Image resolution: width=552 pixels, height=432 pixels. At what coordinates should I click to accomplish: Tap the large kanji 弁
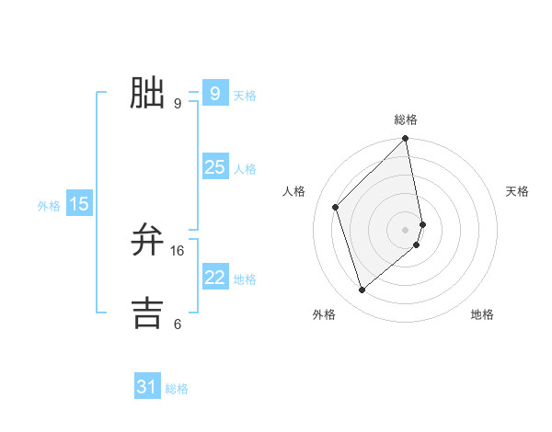coord(148,240)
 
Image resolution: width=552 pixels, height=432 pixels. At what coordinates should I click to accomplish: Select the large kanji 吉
coord(148,312)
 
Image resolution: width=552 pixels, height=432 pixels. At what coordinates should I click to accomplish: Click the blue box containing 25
coord(214,167)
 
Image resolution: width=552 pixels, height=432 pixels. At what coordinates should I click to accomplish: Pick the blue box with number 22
coord(214,278)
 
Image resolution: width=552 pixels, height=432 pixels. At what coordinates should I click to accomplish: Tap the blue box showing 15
coord(79,204)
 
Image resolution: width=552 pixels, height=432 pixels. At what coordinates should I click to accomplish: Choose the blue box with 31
coord(147,387)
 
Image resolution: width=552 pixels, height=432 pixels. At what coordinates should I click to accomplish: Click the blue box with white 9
coord(214,94)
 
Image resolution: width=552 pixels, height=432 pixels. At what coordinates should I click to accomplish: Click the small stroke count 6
coord(178,324)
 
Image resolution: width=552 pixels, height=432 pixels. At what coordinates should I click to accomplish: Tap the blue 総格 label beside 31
coord(177,389)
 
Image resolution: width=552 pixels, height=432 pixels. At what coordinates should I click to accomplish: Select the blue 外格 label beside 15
coord(49,206)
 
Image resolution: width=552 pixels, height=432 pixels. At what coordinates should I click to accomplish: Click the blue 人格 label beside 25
coord(245,169)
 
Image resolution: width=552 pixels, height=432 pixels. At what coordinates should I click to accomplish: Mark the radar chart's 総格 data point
coord(405,140)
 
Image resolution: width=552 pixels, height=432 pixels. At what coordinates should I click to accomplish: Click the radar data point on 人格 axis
coord(336,207)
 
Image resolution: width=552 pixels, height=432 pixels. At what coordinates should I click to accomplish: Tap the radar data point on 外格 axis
coord(362,290)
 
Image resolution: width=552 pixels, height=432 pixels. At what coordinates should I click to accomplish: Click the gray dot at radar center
coord(405,229)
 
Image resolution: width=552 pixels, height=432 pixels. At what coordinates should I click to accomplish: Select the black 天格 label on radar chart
coord(518,191)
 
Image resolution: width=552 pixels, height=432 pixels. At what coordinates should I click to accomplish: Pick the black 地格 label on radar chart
coord(482,314)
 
